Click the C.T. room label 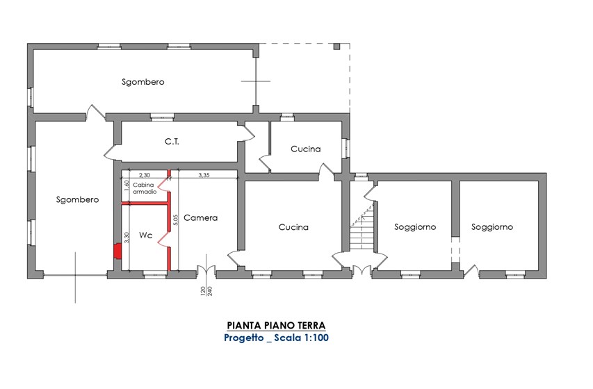(x=172, y=142)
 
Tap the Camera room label (x=200, y=217)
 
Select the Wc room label (x=145, y=235)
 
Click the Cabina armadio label (x=144, y=188)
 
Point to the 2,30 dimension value (x=145, y=175)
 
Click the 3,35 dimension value (x=204, y=175)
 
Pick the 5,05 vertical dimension (x=175, y=220)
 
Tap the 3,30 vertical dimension (x=127, y=238)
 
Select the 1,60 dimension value (x=127, y=186)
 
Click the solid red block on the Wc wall (x=117, y=251)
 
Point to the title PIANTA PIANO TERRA (x=276, y=326)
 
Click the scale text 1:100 (x=316, y=338)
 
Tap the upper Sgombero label (x=143, y=82)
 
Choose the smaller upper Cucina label (x=306, y=149)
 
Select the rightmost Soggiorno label (x=492, y=227)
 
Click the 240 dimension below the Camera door (x=210, y=291)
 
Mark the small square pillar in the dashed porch (x=336, y=47)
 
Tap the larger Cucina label (x=293, y=227)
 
